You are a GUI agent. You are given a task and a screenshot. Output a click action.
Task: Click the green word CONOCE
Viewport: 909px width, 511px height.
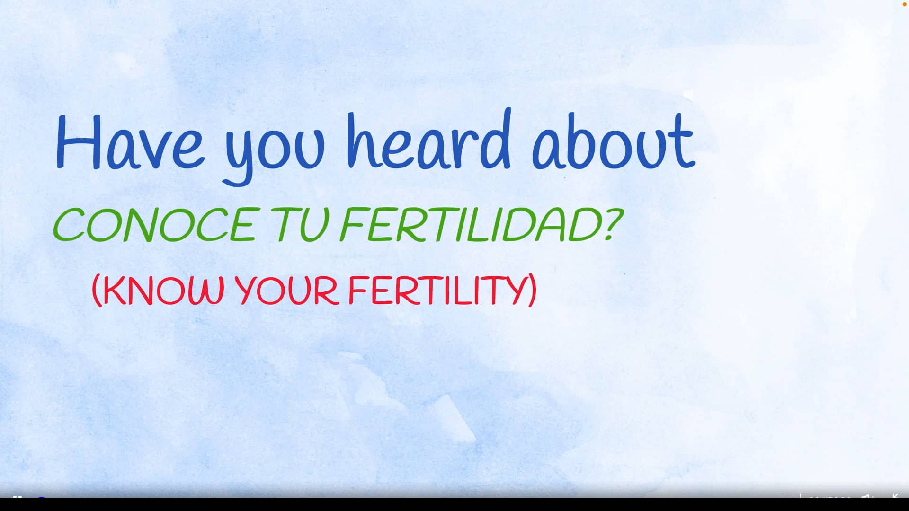(155, 225)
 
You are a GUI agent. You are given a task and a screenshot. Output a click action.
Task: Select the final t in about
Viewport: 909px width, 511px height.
(683, 141)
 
